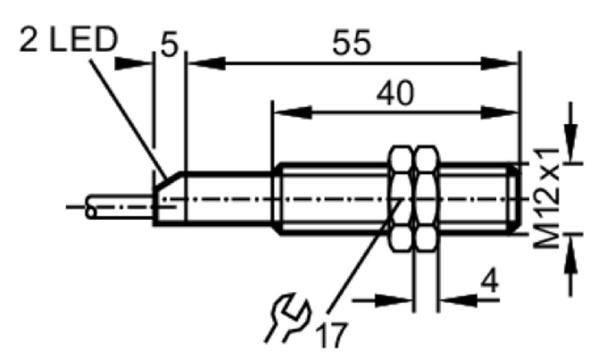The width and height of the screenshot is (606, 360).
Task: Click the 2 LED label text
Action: (x=69, y=40)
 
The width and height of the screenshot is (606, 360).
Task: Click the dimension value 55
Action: (x=351, y=42)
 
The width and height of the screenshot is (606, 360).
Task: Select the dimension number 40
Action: (x=395, y=92)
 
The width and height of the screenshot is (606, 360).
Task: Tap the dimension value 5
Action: (x=170, y=44)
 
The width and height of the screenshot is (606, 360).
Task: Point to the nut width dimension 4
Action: (x=489, y=280)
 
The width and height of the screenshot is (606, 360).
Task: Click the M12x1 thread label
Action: (x=546, y=198)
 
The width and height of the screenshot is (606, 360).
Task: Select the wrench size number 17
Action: (x=331, y=335)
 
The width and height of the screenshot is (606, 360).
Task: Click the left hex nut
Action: (x=402, y=199)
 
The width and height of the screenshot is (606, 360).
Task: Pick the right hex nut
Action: (x=426, y=199)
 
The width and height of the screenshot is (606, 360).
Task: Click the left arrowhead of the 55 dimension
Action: (x=207, y=64)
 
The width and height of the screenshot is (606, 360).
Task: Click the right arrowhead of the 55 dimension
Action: (x=499, y=64)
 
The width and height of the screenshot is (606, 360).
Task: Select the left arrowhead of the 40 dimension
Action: (x=293, y=112)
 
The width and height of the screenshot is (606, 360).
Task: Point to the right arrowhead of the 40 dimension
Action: (x=499, y=112)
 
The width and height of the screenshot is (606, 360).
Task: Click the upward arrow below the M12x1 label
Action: (x=571, y=254)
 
